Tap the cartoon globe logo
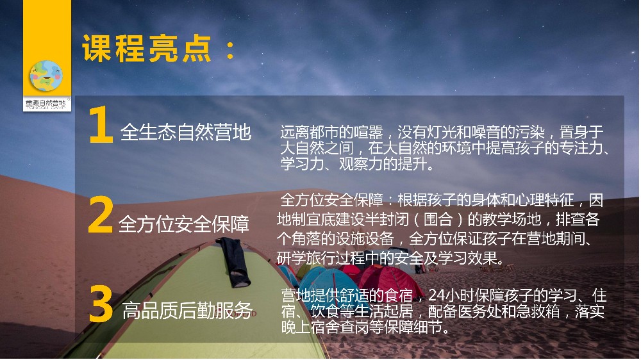(46, 76)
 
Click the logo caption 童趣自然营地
(46, 102)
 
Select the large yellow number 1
(100, 125)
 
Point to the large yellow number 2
(100, 215)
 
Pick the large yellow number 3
(101, 304)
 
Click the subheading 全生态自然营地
(186, 133)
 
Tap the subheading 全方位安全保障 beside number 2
(183, 224)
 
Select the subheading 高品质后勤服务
(187, 311)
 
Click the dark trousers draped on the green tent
(234, 261)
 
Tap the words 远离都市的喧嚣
(331, 133)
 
